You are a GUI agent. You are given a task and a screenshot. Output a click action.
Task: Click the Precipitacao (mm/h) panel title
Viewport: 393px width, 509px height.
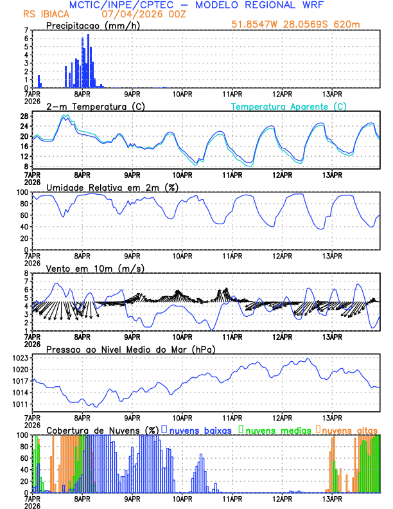(x=93, y=25)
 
